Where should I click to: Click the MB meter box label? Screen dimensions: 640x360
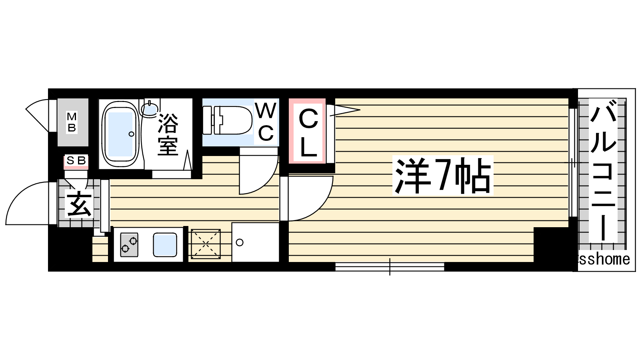click(x=72, y=122)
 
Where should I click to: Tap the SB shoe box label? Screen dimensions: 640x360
click(x=76, y=160)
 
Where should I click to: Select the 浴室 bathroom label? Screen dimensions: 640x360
click(x=168, y=134)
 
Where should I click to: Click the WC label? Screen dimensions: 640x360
click(x=266, y=122)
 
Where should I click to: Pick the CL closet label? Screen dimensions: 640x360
click(x=308, y=134)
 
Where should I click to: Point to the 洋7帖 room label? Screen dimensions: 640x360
click(x=442, y=176)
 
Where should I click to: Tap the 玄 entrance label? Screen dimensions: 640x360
click(x=79, y=203)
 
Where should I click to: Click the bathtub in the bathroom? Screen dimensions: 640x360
click(x=120, y=134)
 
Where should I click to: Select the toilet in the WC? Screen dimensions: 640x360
click(x=228, y=120)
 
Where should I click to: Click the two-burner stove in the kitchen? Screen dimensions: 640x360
click(x=129, y=244)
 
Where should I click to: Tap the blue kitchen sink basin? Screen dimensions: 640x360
click(x=165, y=244)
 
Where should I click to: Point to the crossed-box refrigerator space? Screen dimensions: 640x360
click(x=206, y=244)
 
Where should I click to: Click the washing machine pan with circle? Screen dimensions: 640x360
click(x=255, y=242)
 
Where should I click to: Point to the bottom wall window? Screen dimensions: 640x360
click(x=390, y=267)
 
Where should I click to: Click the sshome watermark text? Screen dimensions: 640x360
click(x=604, y=260)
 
